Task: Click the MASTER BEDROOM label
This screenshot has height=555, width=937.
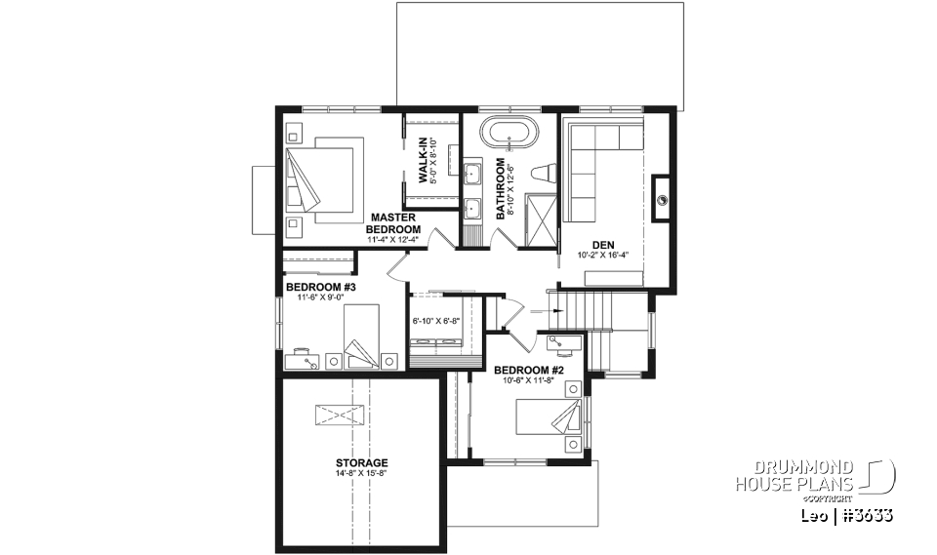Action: pyautogui.click(x=392, y=222)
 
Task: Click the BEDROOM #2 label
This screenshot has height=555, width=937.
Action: pyautogui.click(x=528, y=371)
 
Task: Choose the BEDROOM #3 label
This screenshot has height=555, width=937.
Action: pyautogui.click(x=321, y=287)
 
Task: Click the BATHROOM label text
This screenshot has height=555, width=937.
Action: pyautogui.click(x=501, y=187)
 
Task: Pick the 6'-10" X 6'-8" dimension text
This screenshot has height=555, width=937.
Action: pyautogui.click(x=435, y=319)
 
